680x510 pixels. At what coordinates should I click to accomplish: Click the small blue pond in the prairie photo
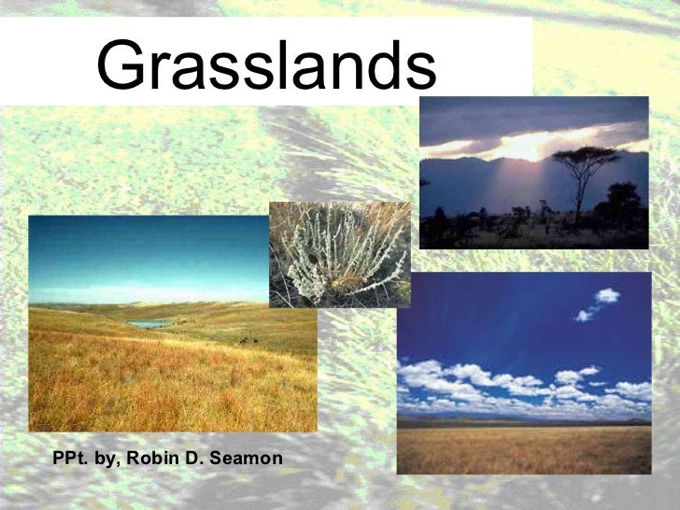149,323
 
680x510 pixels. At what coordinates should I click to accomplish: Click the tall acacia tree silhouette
584,177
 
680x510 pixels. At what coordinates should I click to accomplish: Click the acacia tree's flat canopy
585,157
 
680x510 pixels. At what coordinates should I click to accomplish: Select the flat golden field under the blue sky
523,448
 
